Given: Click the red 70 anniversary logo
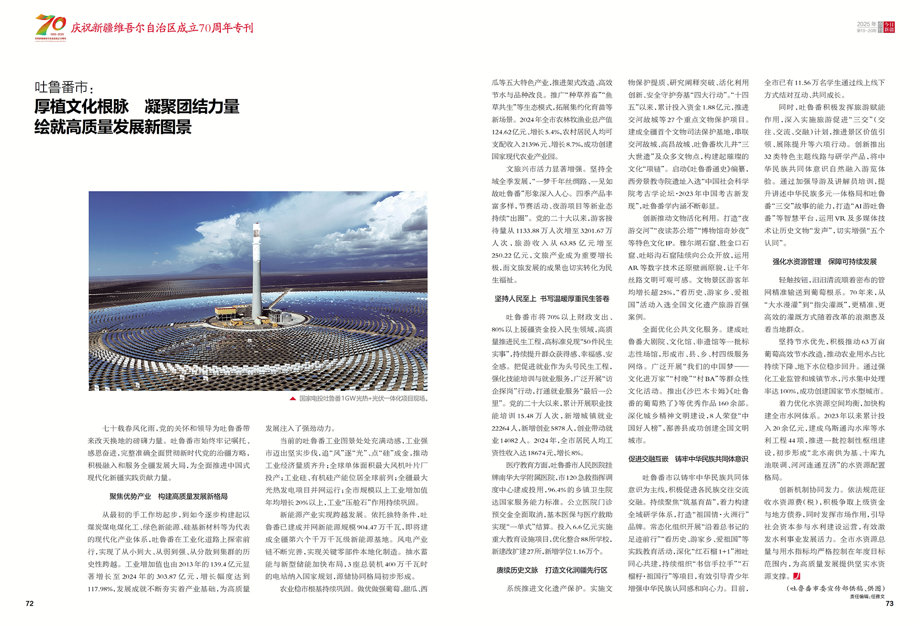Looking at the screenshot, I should point(50,27).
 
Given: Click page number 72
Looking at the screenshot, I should point(30,603).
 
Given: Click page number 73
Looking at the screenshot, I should point(889,603).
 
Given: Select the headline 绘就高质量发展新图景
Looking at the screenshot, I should point(113,127).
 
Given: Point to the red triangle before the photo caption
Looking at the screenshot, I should point(292,398).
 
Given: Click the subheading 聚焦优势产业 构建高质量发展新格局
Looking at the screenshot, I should point(168,497).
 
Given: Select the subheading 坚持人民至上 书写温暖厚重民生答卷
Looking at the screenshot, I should point(552,299).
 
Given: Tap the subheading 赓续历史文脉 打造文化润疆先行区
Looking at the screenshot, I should point(552,570).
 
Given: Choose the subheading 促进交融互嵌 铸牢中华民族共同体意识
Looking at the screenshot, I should point(688,459).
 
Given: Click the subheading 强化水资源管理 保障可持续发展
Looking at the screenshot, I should point(824,262).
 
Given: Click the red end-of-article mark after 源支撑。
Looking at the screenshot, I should point(796,576).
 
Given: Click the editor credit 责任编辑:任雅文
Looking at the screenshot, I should point(867,597).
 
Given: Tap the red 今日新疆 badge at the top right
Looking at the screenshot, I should point(889,27).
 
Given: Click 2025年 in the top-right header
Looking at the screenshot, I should point(866,24).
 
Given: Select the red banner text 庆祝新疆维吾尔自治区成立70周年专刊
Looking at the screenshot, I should point(162,28).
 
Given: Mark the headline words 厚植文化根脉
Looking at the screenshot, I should point(81,107).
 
